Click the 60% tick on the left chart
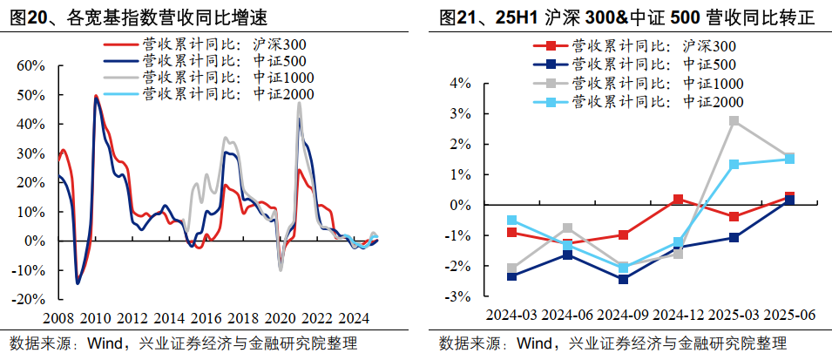[x=32, y=65]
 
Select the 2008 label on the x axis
[x=58, y=317]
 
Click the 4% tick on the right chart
[x=460, y=84]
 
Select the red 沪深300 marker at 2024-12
[x=679, y=200]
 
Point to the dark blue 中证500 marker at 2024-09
[x=623, y=279]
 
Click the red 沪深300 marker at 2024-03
[x=512, y=232]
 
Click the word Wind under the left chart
[x=106, y=343]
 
